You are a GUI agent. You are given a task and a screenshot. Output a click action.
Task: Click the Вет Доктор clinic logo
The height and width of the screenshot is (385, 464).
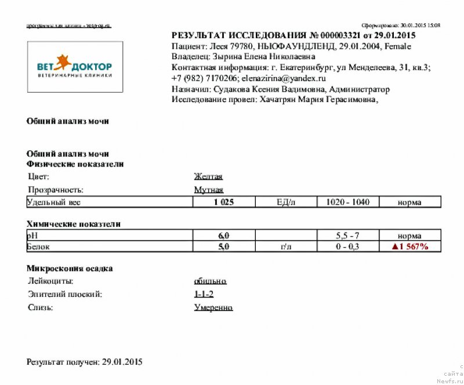[x=75, y=67]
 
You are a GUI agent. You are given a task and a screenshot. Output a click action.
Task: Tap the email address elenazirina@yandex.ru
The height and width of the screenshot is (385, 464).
[x=284, y=78]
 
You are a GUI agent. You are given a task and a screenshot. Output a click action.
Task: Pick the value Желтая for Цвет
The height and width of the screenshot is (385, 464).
[x=208, y=177]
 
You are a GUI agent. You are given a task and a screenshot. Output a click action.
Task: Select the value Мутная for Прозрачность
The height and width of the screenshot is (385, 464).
[x=208, y=190]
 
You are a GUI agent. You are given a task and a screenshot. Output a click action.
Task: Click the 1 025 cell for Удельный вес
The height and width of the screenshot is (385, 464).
[x=224, y=202]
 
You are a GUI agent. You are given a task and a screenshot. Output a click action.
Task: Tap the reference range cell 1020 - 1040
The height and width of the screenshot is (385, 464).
[x=348, y=202]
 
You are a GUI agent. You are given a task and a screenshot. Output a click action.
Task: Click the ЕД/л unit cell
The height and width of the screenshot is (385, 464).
[x=286, y=202]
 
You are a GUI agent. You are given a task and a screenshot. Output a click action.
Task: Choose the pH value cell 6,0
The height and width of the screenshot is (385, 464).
[x=224, y=236]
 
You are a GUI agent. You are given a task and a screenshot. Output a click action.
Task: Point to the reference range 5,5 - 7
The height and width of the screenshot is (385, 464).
[x=348, y=236]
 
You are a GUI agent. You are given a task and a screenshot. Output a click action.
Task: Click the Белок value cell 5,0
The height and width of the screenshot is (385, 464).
[x=224, y=247]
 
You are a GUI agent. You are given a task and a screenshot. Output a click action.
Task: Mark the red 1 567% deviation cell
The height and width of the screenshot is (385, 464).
[x=410, y=247]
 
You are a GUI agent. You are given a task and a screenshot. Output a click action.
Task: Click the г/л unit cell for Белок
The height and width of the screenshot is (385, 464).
[x=286, y=247]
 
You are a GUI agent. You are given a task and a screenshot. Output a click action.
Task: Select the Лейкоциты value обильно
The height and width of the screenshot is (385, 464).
[x=210, y=281]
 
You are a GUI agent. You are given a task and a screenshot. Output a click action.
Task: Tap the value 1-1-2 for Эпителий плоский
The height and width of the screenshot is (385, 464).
[x=204, y=295]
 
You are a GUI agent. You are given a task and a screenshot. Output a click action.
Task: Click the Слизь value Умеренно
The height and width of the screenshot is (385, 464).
[x=213, y=307]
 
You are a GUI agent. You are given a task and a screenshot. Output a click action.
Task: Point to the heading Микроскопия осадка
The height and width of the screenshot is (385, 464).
[x=70, y=268]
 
